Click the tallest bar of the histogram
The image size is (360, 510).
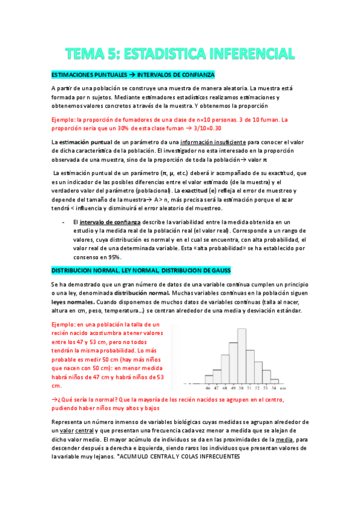pos(243,355)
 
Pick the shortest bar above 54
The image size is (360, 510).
pos(274,381)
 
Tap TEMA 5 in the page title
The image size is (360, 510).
pos(92,54)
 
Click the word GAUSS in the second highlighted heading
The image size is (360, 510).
pos(218,271)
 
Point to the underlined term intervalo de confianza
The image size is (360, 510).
pos(110,222)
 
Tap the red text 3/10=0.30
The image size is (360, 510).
pos(204,128)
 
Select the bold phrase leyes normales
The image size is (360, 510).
pos(74,302)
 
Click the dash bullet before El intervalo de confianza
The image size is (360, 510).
pos(64,222)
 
